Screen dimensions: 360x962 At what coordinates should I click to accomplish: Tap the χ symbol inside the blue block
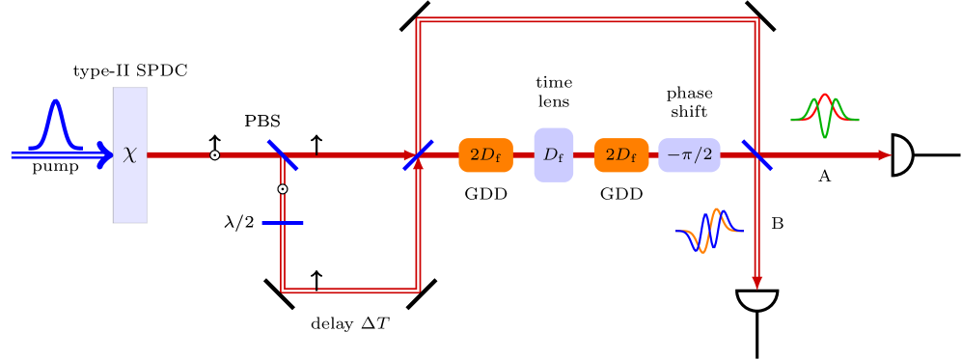pyautogui.click(x=130, y=154)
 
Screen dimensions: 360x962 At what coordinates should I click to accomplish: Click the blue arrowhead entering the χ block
pyautogui.click(x=105, y=154)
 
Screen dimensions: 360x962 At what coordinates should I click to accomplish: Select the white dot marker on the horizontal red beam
pyautogui.click(x=214, y=154)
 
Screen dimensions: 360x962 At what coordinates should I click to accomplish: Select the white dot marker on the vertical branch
pyautogui.click(x=283, y=189)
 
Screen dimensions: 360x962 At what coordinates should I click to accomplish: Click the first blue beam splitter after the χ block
pyautogui.click(x=283, y=154)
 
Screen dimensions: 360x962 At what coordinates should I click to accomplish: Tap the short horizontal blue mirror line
pyautogui.click(x=283, y=223)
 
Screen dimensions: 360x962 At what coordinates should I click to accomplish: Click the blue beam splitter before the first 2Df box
pyautogui.click(x=418, y=154)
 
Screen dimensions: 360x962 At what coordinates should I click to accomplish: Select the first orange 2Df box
pyautogui.click(x=485, y=154)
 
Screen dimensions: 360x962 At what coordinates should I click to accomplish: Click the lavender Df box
pyautogui.click(x=554, y=154)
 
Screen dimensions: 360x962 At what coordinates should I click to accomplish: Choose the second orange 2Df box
pyautogui.click(x=621, y=154)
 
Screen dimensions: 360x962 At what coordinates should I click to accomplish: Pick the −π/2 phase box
pyautogui.click(x=689, y=154)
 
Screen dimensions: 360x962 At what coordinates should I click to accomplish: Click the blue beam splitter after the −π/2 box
pyautogui.click(x=756, y=154)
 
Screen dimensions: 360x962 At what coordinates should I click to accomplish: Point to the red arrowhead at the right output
pyautogui.click(x=885, y=154)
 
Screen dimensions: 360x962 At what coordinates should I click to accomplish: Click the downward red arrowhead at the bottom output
pyautogui.click(x=757, y=283)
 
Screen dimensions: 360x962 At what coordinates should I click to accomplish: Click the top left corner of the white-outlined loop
pyautogui.click(x=418, y=19)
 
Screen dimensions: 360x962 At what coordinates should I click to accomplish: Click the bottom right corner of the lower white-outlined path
pyautogui.click(x=418, y=290)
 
